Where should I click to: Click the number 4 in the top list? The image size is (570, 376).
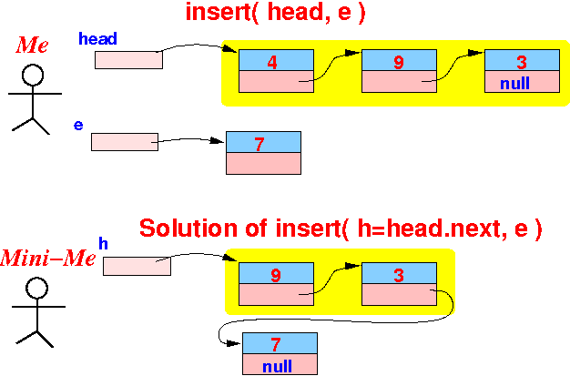coord(272,62)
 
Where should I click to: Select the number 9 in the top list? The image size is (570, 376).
coord(399,62)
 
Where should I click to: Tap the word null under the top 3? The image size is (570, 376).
coord(514,83)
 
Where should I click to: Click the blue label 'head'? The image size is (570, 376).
coord(97,38)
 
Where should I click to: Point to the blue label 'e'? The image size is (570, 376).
coord(78,125)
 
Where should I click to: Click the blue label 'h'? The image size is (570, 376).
coord(103,244)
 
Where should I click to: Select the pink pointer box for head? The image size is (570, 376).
coord(128,60)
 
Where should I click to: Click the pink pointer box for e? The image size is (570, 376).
coord(125,142)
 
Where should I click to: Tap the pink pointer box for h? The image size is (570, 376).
coord(137,266)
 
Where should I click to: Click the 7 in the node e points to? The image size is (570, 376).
coord(260,144)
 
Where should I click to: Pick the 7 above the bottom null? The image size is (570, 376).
coord(276,344)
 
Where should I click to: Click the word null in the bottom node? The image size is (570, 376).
coord(277,366)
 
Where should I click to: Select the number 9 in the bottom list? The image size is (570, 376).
coord(276,275)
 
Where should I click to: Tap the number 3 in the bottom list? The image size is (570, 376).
coord(399,275)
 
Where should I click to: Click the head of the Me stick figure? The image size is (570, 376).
coord(33,75)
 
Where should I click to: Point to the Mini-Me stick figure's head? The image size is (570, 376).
coord(36,288)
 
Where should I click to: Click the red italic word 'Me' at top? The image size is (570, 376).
coord(32,46)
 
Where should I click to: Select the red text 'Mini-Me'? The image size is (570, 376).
coord(48,259)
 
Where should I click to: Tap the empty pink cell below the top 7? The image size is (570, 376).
coord(263,163)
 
